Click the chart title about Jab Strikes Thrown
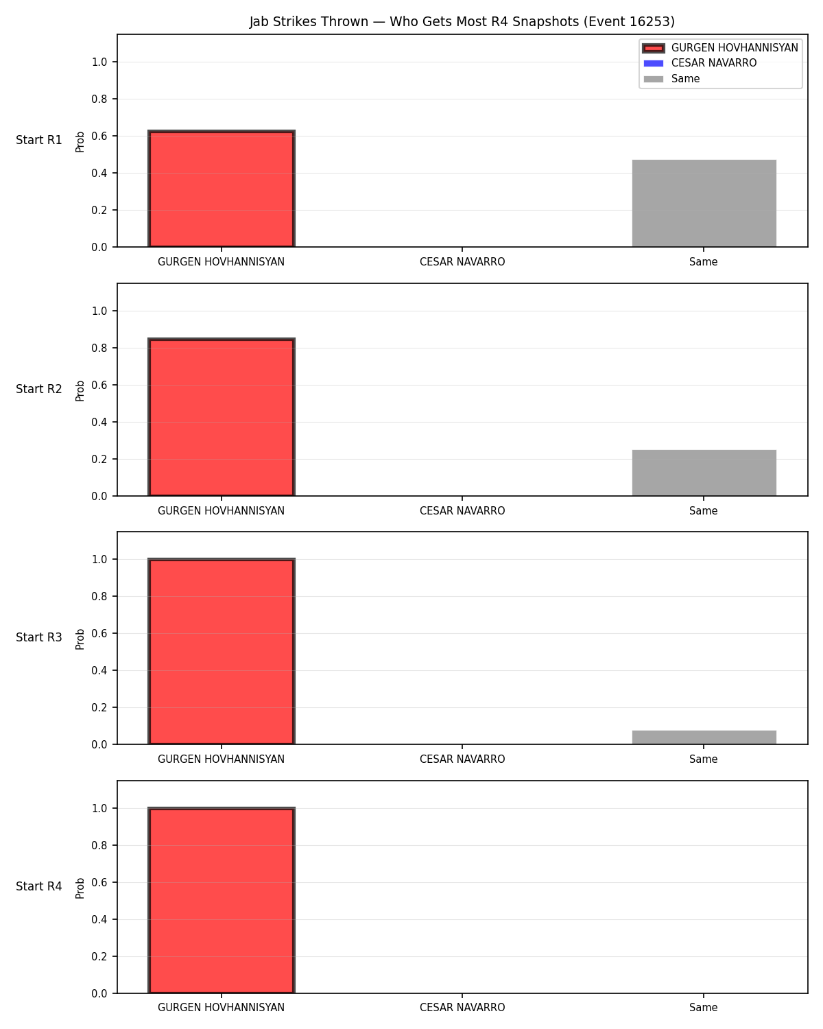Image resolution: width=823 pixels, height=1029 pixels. pos(462,21)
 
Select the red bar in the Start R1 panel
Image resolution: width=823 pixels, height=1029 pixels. pos(221,189)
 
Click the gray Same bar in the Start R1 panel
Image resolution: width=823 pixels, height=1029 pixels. pos(704,203)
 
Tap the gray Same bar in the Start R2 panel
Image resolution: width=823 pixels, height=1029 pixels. pos(704,473)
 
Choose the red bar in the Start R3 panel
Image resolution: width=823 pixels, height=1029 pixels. pos(221,651)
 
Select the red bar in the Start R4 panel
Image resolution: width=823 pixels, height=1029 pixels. pos(221,900)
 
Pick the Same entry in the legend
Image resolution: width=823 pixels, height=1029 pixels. pos(671,79)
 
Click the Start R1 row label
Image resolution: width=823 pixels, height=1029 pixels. pos(38,140)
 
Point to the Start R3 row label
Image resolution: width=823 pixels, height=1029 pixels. pos(38,637)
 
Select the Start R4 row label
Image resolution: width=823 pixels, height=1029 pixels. pos(38,886)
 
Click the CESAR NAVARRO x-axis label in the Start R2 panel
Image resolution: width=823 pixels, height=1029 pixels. pos(462,510)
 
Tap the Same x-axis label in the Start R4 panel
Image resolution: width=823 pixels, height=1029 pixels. pos(703,1008)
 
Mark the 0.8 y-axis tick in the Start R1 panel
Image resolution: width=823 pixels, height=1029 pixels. pos(99,99)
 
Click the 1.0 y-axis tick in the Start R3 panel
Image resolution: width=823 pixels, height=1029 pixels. pos(99,560)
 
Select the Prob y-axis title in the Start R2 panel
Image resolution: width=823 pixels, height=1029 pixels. pos(80,391)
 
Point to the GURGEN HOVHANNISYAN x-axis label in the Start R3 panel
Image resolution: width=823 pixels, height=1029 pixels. pos(221,759)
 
